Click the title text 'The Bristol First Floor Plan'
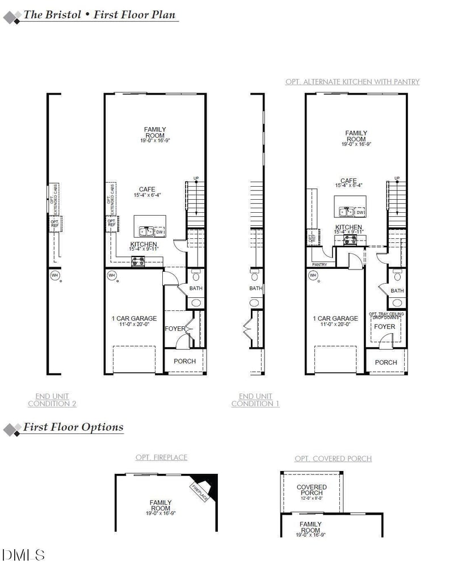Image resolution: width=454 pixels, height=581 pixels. tap(99, 15)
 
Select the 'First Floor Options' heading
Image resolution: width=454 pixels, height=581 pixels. tap(73, 427)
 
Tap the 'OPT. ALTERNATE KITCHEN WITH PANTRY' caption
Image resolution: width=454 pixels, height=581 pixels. tap(352, 82)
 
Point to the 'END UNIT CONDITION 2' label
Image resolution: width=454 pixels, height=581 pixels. tap(52, 400)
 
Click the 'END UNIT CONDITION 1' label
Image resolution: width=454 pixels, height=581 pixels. tap(255, 400)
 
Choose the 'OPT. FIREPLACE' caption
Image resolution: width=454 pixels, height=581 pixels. tap(161, 457)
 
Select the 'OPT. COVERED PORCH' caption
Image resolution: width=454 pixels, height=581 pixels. tap(333, 458)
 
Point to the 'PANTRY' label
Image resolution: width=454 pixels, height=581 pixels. tap(320, 264)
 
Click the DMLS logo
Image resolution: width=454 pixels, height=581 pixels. tap(24, 554)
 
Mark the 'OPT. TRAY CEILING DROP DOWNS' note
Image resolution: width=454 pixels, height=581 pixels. tap(385, 315)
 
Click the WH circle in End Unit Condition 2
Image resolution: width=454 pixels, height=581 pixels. tap(55, 276)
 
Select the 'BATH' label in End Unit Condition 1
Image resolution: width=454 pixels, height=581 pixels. tap(256, 288)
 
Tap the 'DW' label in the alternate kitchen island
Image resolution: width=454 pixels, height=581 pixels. tap(361, 212)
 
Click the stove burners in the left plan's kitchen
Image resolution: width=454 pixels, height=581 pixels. tap(138, 262)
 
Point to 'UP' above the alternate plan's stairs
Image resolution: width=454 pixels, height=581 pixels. tap(397, 179)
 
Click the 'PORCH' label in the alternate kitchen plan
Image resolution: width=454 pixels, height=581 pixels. tap(386, 362)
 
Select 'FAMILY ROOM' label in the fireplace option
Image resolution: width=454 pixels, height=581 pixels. tap(161, 505)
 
